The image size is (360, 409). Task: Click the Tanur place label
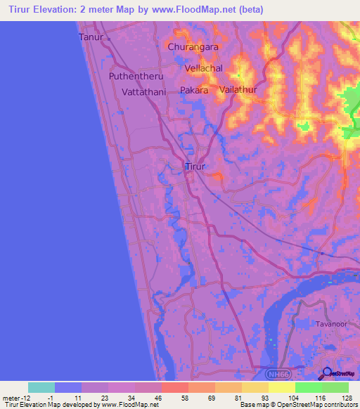point(91,37)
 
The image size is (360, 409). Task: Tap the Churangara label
point(193,47)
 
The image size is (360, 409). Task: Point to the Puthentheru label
point(136,76)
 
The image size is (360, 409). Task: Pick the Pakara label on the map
point(195,91)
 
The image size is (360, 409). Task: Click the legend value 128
point(347,397)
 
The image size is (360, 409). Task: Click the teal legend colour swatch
point(41,387)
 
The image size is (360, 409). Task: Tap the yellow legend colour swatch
point(281,387)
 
